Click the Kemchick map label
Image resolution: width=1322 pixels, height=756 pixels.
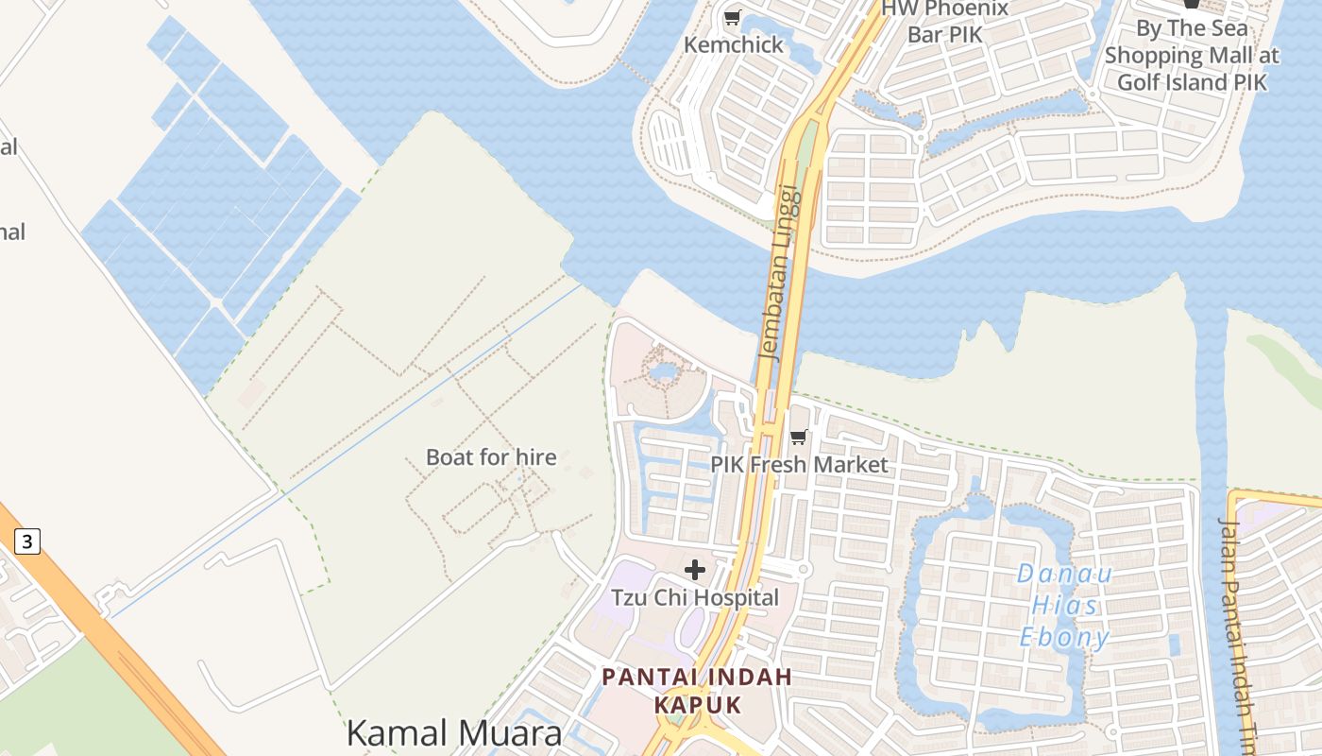pos(734,44)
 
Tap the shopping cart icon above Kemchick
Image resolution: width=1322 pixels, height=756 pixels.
pos(732,17)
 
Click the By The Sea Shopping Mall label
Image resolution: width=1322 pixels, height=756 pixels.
pos(1192,55)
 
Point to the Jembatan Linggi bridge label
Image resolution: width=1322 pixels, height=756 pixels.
pos(781,272)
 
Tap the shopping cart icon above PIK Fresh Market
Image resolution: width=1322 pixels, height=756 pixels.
pos(799,437)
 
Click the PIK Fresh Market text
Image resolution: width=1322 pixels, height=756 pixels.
pos(799,464)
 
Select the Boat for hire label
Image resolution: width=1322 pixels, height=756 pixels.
pos(491,457)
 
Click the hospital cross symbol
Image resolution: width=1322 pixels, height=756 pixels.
pos(695,569)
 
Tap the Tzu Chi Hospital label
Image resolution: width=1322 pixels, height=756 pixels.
pos(695,597)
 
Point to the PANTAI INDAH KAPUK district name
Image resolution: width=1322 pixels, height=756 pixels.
pos(697,691)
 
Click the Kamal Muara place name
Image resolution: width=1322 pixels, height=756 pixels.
pos(453,732)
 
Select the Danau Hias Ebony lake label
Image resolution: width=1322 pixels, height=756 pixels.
pos(1064,605)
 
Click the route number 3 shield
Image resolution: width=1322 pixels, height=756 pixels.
pos(27,541)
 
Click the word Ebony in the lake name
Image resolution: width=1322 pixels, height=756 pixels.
pos(1064,637)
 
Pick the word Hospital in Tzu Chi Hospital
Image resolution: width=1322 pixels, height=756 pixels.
pos(734,597)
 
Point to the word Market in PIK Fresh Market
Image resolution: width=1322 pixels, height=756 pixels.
pos(854,464)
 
